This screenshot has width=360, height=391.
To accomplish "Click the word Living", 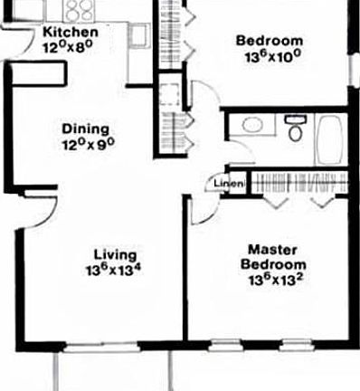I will click(116, 254).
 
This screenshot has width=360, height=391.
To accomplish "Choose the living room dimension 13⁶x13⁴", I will click(116, 270).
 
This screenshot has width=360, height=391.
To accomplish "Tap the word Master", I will click(268, 249).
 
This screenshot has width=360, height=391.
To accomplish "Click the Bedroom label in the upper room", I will click(268, 40).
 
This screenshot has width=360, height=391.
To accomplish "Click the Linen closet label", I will click(225, 185).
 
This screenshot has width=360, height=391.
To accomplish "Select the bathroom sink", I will click(253, 126).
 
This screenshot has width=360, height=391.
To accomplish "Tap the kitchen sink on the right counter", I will click(138, 36).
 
